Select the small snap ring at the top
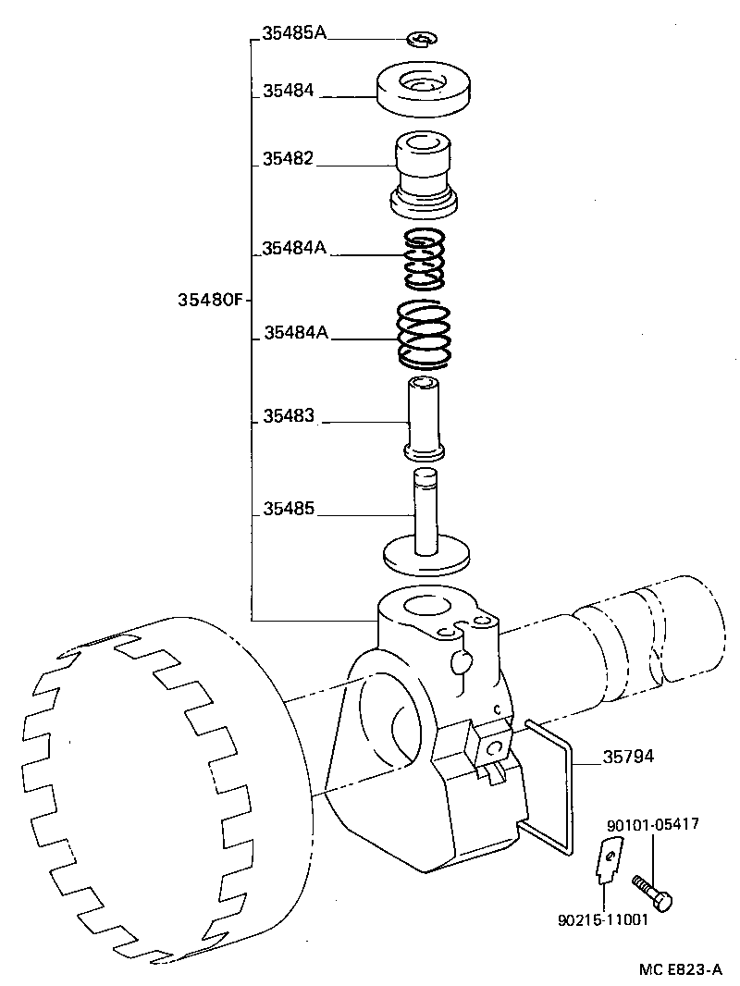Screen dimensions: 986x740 (x=423, y=39)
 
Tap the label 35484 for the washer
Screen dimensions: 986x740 (x=288, y=91)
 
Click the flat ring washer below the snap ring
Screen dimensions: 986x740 (x=423, y=92)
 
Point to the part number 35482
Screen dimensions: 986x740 (x=288, y=159)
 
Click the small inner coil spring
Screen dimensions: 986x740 (x=422, y=258)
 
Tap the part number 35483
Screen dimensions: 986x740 (x=289, y=417)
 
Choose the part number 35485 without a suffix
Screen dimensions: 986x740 (x=289, y=509)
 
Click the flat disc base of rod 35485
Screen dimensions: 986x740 (x=425, y=558)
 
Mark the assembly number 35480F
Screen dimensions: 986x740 (x=209, y=301)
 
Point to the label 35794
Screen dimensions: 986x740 (x=628, y=757)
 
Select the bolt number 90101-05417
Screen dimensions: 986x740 (x=652, y=824)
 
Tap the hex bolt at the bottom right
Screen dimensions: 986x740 (x=652, y=892)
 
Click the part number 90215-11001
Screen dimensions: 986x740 (x=603, y=920)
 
